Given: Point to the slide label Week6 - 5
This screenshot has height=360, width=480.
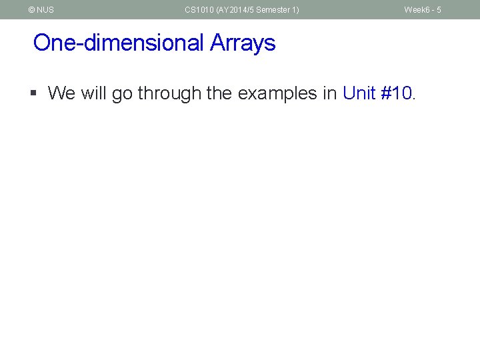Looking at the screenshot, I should (x=423, y=10).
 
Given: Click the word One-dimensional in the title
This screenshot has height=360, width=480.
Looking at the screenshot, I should (x=118, y=43).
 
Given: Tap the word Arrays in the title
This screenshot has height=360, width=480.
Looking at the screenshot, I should (x=243, y=43).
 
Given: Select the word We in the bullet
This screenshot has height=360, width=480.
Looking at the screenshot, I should (x=62, y=93).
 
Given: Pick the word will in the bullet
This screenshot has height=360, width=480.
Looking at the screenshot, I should (x=94, y=93).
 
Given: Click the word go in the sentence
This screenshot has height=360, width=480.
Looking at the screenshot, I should (x=122, y=94).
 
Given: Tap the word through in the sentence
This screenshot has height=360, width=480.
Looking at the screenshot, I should (x=169, y=93).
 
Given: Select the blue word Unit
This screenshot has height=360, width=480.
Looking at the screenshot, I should (x=360, y=93).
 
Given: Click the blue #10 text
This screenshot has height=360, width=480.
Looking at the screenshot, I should (x=397, y=93).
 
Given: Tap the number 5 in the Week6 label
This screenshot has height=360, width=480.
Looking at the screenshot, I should (x=439, y=10).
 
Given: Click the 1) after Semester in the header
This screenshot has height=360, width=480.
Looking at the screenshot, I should (x=295, y=10).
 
